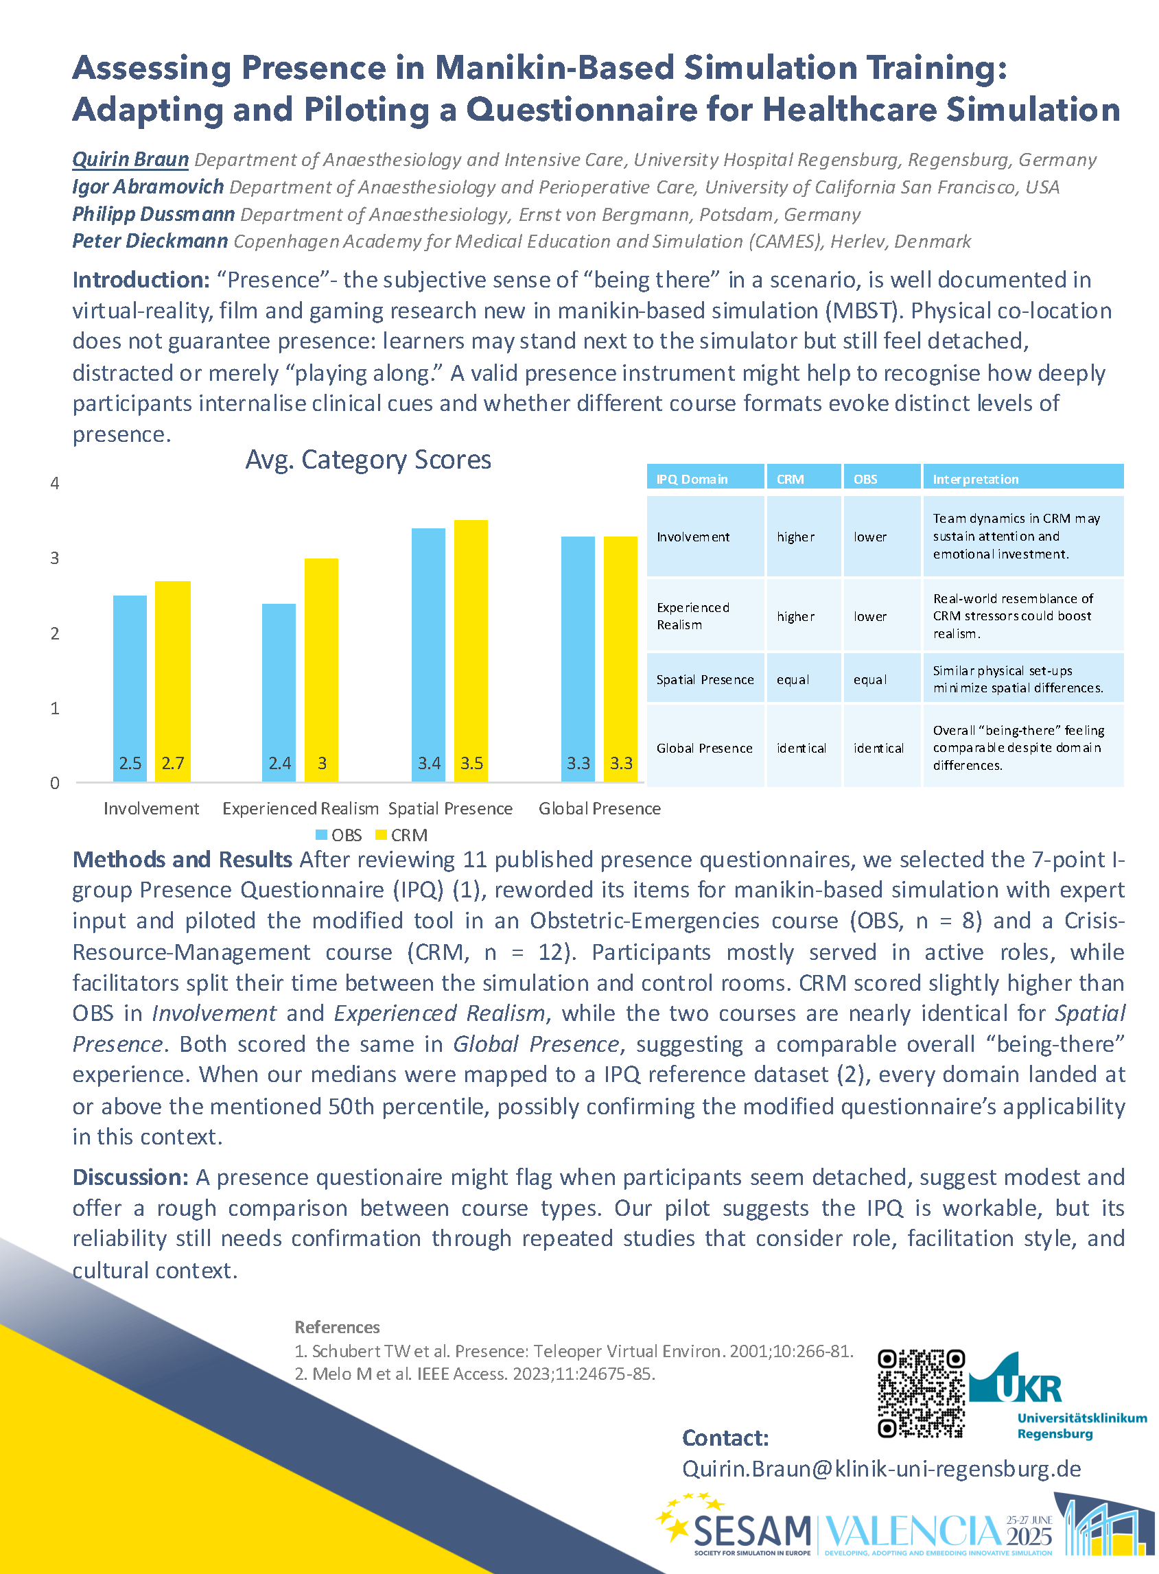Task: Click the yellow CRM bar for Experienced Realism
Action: click(x=320, y=669)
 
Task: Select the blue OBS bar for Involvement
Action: click(x=130, y=688)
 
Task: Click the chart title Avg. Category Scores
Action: click(x=368, y=460)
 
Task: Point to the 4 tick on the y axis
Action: click(x=55, y=483)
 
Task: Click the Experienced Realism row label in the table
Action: click(x=693, y=616)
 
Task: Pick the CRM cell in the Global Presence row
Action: click(x=801, y=748)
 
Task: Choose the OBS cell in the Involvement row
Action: click(x=870, y=537)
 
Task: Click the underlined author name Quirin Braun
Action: click(x=130, y=160)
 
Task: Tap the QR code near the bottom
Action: click(x=921, y=1392)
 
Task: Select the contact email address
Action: click(x=881, y=1468)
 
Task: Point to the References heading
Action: click(x=337, y=1326)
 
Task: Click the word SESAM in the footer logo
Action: click(x=751, y=1531)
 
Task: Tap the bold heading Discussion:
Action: click(x=130, y=1176)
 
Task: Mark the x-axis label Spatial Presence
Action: click(x=450, y=808)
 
